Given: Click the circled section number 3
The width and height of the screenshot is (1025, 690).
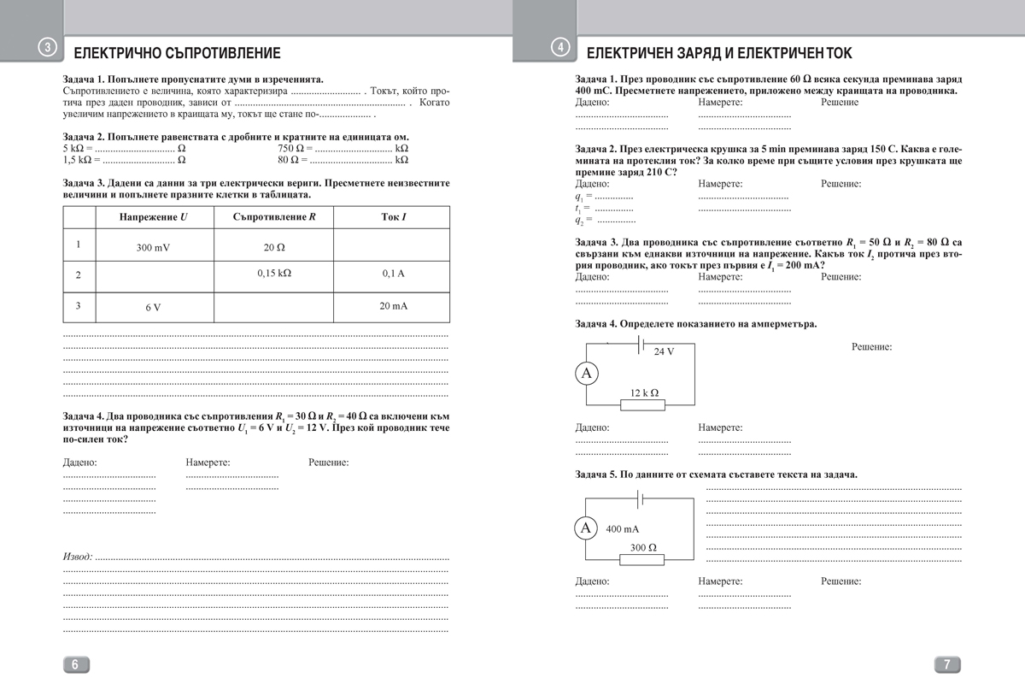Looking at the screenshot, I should [50, 50].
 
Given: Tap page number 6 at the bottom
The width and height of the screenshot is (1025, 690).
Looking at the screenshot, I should [74, 665].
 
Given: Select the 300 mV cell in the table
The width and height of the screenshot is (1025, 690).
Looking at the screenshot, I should [154, 248].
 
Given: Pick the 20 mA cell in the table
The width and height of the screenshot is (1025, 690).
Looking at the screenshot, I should [393, 305].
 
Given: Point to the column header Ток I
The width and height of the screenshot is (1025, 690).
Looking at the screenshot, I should [393, 217].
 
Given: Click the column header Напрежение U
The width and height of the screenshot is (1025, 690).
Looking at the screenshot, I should [154, 217].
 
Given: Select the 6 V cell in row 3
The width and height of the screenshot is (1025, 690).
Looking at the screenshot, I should [153, 307].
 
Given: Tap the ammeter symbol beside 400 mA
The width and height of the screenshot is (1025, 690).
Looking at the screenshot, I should [586, 528].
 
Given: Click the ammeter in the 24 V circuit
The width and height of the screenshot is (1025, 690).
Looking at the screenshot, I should [586, 373].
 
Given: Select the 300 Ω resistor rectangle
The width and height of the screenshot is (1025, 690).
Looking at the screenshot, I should [642, 560].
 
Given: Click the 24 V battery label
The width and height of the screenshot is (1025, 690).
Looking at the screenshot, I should [664, 352].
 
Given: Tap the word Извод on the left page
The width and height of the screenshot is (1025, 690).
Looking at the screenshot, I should [78, 556].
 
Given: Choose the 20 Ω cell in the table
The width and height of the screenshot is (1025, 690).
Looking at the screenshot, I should [274, 247].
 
